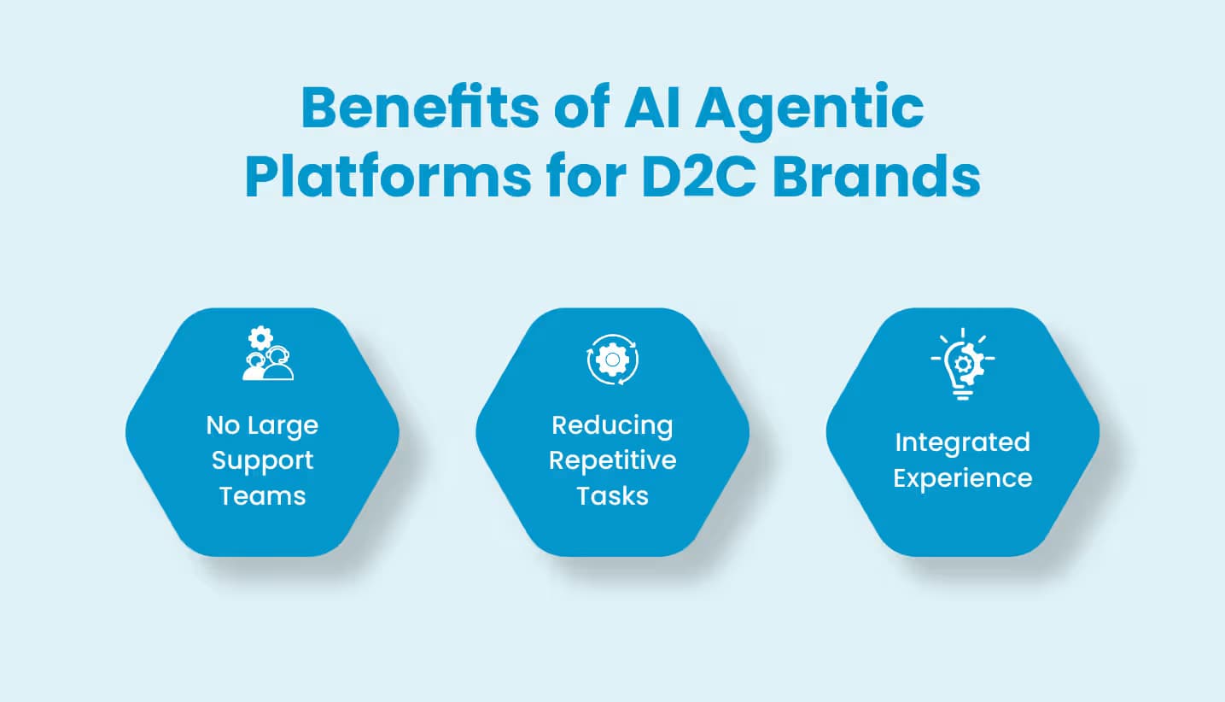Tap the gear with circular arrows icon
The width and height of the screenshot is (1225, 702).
tap(612, 360)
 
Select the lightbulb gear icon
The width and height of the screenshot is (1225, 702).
tap(962, 363)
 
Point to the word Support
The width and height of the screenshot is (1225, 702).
tap(262, 460)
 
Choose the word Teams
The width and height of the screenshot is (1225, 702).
tap(262, 495)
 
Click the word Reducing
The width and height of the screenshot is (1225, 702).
tap(612, 425)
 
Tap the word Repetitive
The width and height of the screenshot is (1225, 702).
tap(612, 460)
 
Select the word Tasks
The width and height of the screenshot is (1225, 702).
tap(612, 495)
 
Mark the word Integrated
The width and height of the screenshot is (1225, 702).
tap(962, 442)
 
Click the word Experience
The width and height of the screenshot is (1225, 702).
tap(962, 477)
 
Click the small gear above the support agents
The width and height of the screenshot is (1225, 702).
tap(260, 337)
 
